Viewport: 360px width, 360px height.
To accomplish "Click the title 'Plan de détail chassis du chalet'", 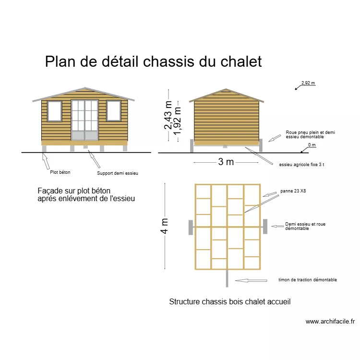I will (x=153, y=62).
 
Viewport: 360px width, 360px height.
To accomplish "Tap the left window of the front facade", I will (x=54, y=111).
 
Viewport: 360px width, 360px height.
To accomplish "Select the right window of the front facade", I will (x=113, y=111).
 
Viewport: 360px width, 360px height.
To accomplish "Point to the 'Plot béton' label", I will (x=60, y=172).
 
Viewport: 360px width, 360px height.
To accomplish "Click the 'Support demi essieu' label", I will (x=117, y=173).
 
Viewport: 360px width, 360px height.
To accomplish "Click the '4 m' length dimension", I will (x=165, y=227).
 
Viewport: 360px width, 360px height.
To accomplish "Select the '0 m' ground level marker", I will (x=312, y=145).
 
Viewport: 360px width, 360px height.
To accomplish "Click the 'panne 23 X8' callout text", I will (x=293, y=191).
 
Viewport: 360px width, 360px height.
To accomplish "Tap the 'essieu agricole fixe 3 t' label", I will (x=301, y=165).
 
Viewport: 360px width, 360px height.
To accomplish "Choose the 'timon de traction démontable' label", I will (x=307, y=280).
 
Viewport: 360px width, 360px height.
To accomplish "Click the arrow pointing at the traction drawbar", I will (x=250, y=280).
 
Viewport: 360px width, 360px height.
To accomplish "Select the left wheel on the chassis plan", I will (x=191, y=227).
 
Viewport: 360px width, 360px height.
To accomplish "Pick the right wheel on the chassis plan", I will (x=265, y=226).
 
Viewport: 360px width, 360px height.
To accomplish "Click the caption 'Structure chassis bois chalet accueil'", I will (x=230, y=302).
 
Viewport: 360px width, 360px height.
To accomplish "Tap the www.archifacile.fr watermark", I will (x=330, y=322).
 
